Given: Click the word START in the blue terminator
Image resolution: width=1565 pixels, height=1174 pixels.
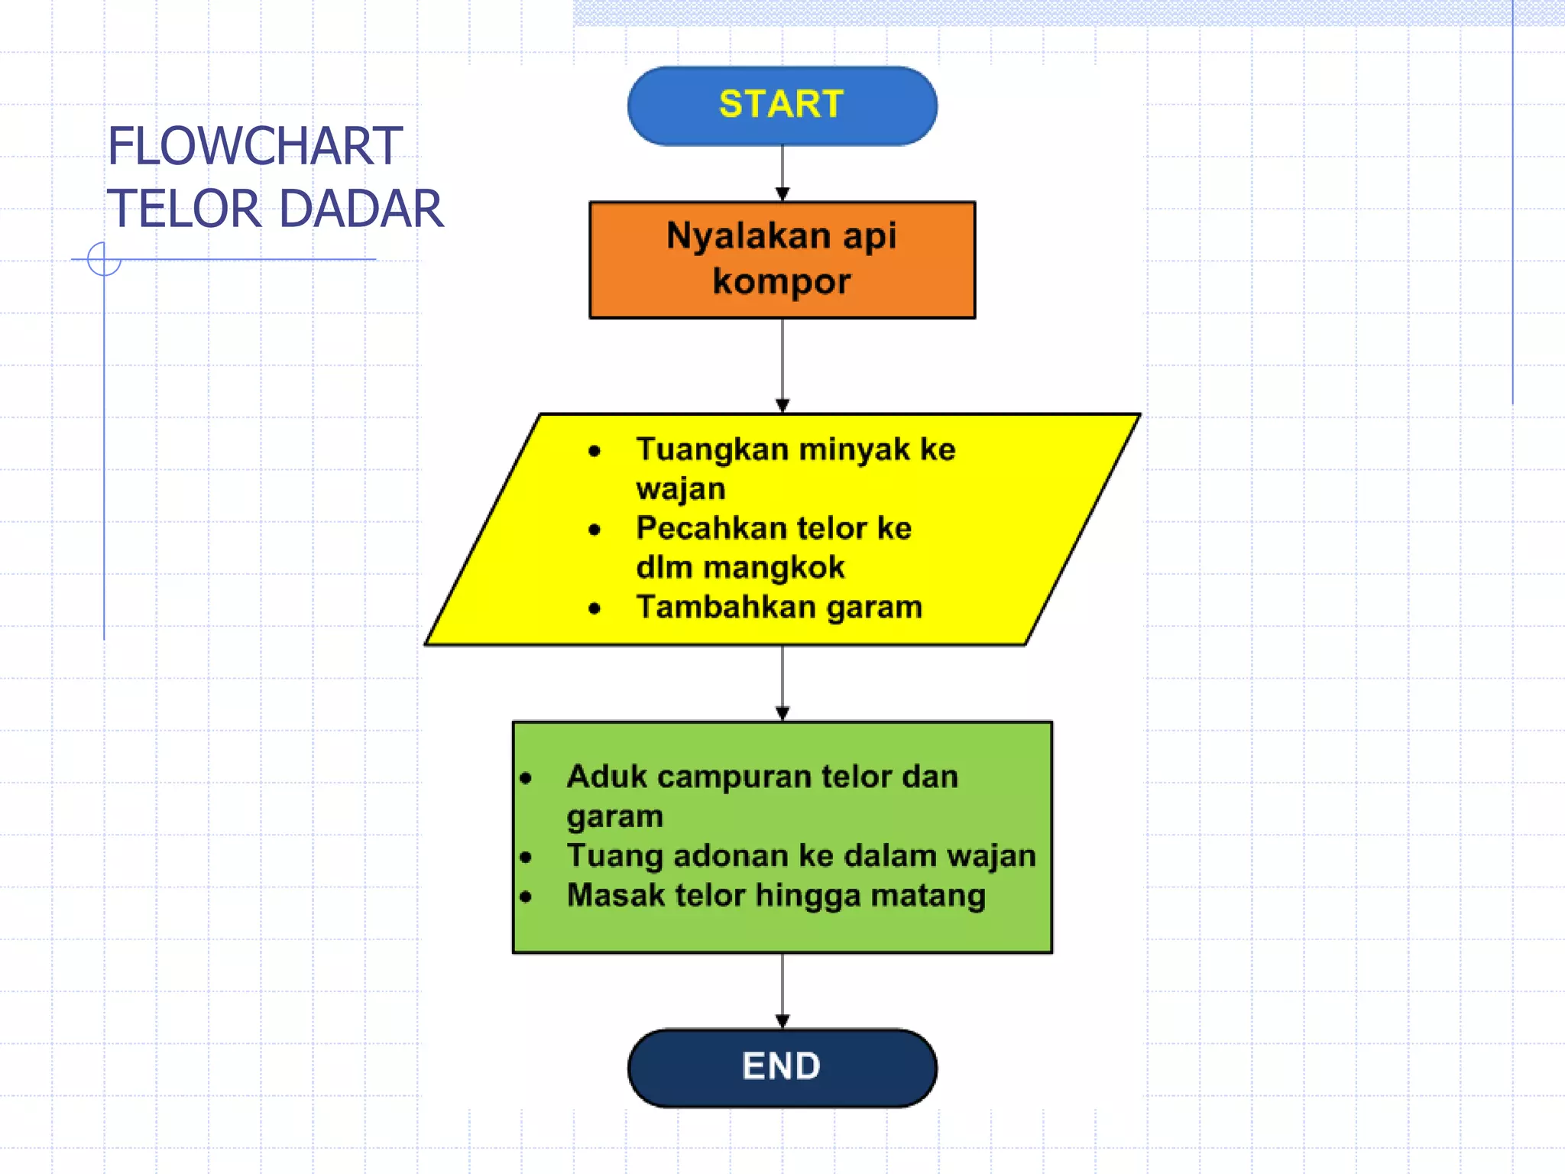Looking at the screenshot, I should (x=781, y=104).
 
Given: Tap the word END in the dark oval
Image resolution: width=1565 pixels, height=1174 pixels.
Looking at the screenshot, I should (x=781, y=1065).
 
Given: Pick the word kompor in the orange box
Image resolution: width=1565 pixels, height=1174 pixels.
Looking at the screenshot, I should (x=781, y=281).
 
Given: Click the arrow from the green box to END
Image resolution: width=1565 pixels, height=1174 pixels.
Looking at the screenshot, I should (x=782, y=991).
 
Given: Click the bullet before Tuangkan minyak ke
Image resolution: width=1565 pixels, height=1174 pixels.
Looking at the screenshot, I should (x=595, y=451).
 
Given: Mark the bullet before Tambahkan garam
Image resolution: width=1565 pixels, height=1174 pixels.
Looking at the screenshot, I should (x=595, y=608).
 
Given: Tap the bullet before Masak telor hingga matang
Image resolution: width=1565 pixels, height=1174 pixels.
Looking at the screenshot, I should (x=525, y=897).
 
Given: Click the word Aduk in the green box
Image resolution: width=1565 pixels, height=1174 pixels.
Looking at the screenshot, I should (x=607, y=777).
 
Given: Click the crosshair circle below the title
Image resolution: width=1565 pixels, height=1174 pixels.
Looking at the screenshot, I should (x=104, y=259).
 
